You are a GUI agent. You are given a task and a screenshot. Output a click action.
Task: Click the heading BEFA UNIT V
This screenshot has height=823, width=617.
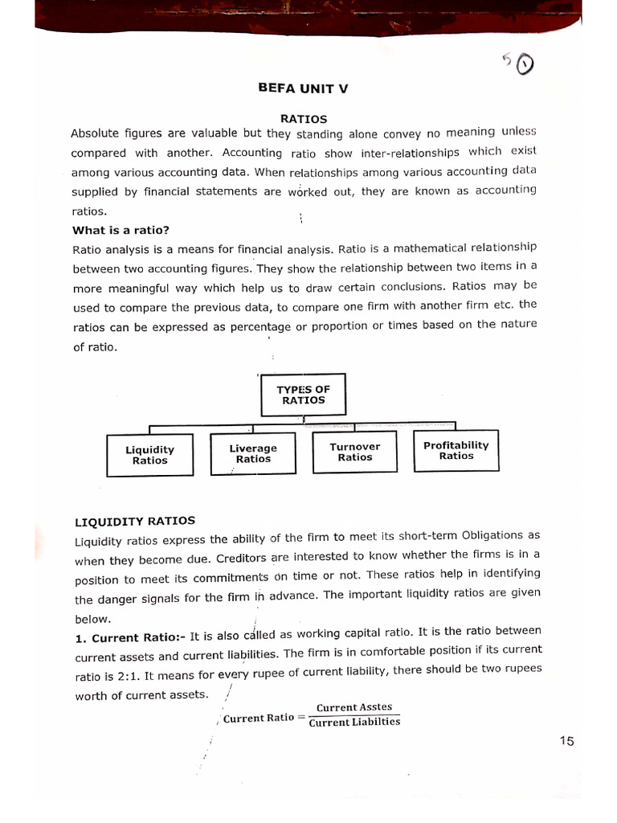[303, 89]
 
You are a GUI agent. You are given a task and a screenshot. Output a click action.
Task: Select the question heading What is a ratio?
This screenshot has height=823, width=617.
[121, 230]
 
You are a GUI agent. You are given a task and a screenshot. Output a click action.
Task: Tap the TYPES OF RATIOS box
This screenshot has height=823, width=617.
[303, 395]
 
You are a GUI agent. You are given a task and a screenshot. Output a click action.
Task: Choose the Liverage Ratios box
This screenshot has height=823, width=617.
[253, 453]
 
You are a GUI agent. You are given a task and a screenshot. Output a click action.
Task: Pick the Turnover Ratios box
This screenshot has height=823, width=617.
[355, 452]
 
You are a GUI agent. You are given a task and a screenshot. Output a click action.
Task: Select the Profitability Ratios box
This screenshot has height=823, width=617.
[456, 450]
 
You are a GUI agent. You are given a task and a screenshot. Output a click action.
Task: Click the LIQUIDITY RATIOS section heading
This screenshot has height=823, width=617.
[135, 521]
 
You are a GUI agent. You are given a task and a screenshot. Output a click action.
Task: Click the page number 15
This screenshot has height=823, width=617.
[567, 741]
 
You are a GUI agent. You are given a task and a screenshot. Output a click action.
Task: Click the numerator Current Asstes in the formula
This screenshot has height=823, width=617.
[354, 707]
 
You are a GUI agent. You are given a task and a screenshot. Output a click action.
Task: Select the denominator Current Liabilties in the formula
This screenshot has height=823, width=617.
[354, 722]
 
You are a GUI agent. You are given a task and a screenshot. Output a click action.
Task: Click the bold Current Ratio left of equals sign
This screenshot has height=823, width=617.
[258, 718]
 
